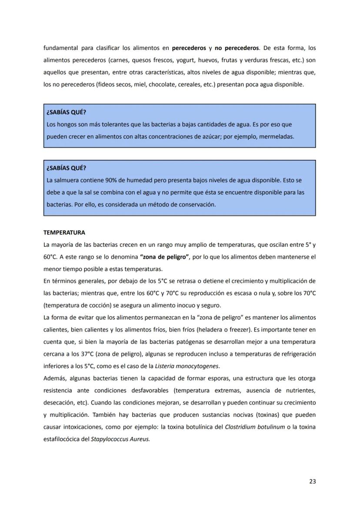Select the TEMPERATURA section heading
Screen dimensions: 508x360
coord(64,232)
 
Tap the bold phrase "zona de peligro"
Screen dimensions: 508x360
coord(165,257)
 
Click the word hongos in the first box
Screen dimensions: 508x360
coord(64,124)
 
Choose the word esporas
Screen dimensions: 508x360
coord(233,378)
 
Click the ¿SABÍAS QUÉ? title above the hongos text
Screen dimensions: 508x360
coord(66,112)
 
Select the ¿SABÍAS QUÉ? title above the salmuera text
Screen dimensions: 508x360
coord(66,168)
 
